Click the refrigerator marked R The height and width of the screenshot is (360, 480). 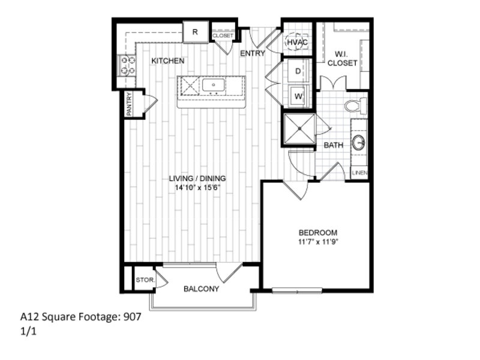196,32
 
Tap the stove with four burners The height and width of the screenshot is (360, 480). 128,65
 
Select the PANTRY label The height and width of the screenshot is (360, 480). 129,104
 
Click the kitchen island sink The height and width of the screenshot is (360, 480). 214,85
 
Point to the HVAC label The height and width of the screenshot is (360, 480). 297,42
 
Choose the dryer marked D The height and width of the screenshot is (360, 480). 298,71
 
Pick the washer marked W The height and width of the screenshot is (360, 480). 298,96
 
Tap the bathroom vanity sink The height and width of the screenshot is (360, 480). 358,142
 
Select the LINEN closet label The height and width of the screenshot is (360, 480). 359,173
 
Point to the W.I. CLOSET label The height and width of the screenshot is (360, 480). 342,58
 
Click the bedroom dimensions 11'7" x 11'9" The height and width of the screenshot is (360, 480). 318,242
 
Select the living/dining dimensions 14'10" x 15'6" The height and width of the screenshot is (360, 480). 197,187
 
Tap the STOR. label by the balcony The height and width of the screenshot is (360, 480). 146,280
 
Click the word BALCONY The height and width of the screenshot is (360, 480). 201,289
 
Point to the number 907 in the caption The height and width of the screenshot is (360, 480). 132,317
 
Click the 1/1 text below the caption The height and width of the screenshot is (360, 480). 28,332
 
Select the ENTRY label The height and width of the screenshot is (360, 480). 252,53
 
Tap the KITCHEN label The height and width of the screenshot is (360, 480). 168,61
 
